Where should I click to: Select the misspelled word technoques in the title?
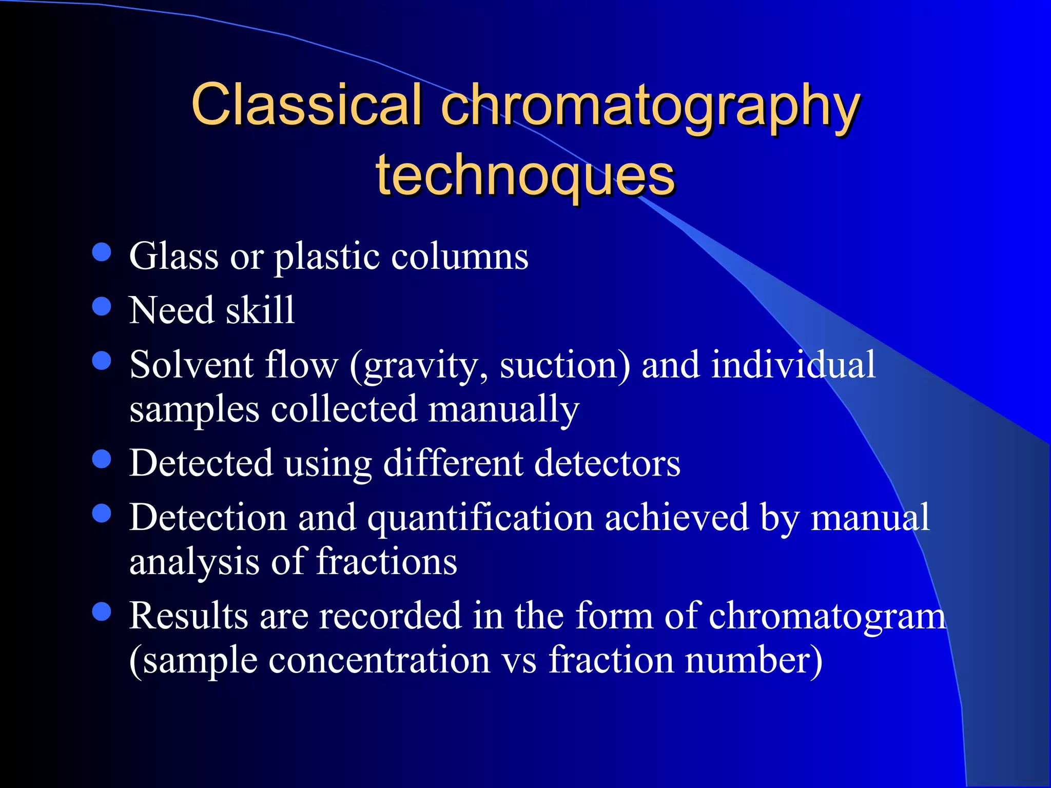tap(525, 176)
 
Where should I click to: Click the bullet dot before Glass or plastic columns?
tap(102, 252)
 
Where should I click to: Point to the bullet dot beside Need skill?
tap(102, 306)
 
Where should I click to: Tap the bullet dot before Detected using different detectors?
tap(102, 459)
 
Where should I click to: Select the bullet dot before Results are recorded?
tap(102, 612)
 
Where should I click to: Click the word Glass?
tap(174, 256)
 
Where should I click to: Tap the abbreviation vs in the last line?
tap(519, 661)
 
